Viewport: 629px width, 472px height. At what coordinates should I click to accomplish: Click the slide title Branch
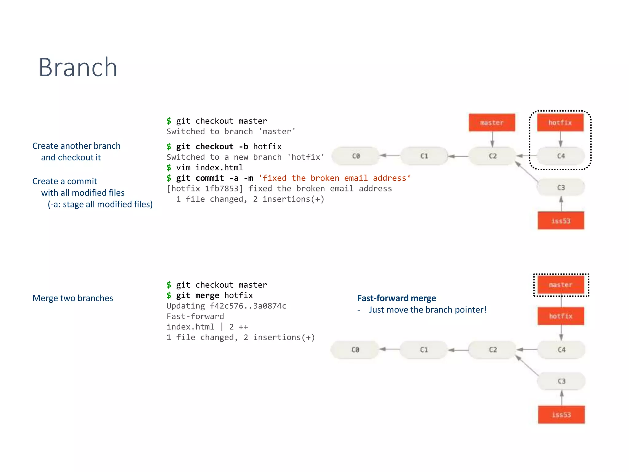[x=78, y=67]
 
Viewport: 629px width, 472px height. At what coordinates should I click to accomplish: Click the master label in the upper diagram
[x=492, y=123]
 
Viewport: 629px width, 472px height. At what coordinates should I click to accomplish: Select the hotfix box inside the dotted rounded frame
[x=560, y=123]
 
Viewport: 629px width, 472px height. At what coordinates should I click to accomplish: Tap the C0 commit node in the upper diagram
[x=356, y=156]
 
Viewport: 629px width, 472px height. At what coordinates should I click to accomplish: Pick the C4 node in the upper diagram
[x=561, y=156]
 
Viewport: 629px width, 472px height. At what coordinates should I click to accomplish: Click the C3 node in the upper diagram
[x=561, y=187]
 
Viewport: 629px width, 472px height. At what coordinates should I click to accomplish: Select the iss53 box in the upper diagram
[x=561, y=221]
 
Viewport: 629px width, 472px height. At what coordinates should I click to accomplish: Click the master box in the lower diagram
[x=561, y=285]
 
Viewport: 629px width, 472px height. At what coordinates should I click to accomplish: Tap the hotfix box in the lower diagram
[x=561, y=316]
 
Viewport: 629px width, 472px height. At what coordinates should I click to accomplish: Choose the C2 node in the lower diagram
[x=493, y=350]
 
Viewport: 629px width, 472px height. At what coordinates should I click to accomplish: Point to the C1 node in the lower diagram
[x=424, y=350]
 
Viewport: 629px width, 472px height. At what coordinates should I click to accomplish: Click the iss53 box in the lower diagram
[x=561, y=415]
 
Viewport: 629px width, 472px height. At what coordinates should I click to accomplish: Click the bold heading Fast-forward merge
[x=397, y=298]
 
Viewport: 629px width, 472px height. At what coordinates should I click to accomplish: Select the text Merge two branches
[x=73, y=298]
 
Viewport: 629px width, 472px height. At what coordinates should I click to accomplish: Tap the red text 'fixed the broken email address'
[x=334, y=178]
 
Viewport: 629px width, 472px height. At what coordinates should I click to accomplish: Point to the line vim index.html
[x=209, y=167]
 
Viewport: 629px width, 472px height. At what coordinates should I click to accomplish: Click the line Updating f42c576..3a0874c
[x=226, y=306]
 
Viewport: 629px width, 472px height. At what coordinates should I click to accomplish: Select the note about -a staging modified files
[x=100, y=204]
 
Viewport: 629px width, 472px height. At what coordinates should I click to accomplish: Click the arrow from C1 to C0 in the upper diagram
[x=390, y=155]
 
